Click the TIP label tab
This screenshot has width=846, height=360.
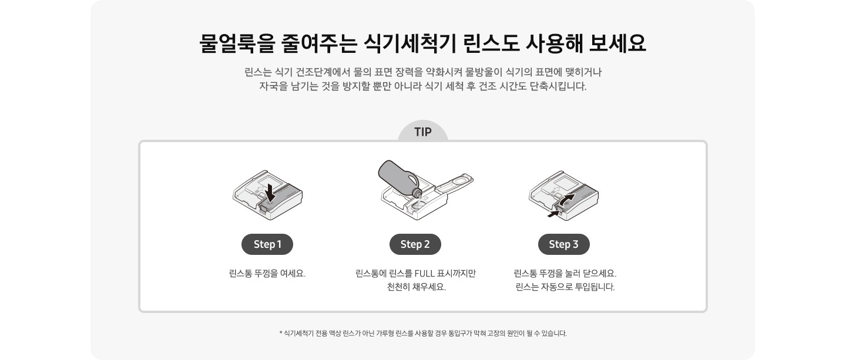point(422,132)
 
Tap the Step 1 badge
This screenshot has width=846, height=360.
point(267,244)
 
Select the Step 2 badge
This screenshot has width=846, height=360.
point(415,244)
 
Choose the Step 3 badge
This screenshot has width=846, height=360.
point(563,244)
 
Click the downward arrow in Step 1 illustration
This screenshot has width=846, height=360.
point(270,191)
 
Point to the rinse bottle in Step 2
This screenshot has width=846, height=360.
point(397,176)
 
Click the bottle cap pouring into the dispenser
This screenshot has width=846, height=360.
point(418,192)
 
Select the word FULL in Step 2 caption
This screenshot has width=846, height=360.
point(427,274)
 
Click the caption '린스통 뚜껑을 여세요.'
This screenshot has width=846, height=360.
point(267,274)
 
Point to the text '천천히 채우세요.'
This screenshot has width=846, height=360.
point(416,288)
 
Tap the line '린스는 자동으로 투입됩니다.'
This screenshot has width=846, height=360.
point(565,288)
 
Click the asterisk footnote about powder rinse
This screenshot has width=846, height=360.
point(423,334)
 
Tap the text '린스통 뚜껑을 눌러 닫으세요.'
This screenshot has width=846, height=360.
point(565,274)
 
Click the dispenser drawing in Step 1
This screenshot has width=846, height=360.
point(258,197)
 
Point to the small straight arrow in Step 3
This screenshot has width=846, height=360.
point(553,214)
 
